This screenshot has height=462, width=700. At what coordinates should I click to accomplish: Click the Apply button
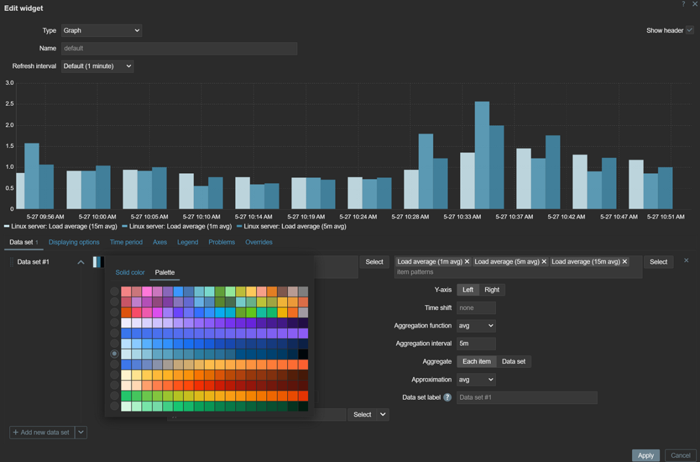646,455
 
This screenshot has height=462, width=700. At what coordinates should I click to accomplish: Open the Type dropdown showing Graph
102,30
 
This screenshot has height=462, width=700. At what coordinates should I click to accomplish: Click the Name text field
179,49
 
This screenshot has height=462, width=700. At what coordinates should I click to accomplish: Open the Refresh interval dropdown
97,66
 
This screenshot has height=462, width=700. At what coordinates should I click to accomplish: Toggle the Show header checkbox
690,30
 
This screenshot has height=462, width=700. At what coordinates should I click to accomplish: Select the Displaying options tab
74,242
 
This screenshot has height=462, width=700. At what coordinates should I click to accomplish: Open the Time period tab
126,242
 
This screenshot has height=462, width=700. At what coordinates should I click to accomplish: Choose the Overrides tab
259,242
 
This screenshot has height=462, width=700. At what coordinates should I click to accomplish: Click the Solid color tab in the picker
130,273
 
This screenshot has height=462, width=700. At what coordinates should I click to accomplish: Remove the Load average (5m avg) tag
544,261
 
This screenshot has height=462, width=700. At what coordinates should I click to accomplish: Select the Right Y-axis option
492,289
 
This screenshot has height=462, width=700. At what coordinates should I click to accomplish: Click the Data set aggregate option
513,361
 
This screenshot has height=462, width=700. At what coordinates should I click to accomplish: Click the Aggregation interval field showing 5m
476,343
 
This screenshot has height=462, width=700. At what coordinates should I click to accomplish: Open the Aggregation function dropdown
476,326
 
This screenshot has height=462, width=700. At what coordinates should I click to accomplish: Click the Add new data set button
41,432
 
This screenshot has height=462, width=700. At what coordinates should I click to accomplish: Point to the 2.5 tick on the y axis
9,104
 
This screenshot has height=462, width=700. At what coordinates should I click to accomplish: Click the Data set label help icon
447,397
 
